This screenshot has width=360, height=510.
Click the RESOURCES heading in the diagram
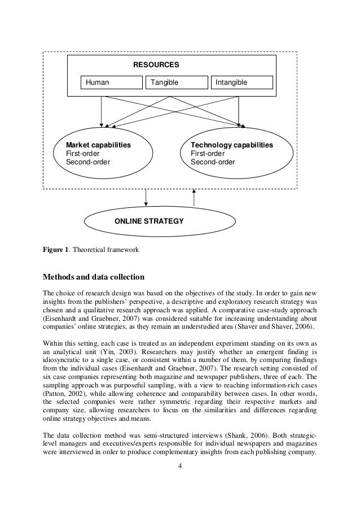coord(156,65)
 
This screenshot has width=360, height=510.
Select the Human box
coord(111,83)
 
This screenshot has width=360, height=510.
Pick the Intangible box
coord(241,83)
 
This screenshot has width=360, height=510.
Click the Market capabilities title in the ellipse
coord(98,145)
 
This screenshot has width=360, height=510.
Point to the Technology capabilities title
coord(231,145)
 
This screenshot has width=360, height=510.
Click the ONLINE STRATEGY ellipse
coord(149,221)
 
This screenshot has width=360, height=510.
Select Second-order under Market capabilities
coord(88,162)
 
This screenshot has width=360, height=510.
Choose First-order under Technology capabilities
coord(207,154)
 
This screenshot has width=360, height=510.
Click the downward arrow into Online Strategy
coord(146,198)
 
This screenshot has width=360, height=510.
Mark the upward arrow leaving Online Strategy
coord(194,198)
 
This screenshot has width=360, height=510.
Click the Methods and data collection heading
coord(94,277)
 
